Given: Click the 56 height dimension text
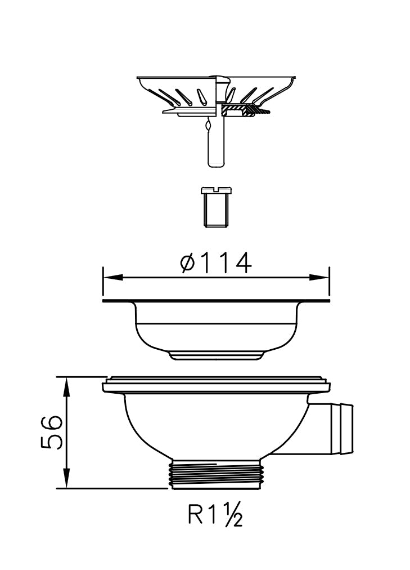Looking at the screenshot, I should click(x=51, y=433).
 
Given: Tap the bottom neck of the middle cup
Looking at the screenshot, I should click(x=215, y=355).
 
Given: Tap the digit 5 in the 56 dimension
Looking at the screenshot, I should click(x=51, y=442).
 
